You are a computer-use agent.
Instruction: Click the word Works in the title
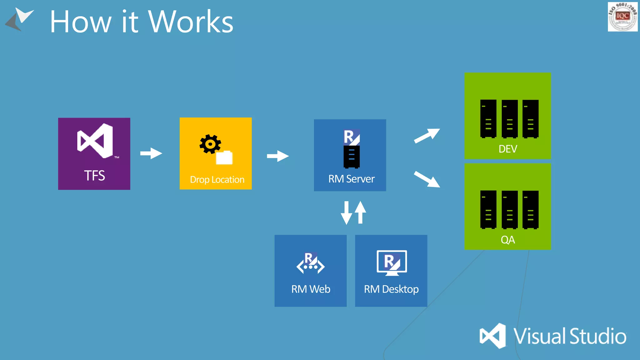(190, 22)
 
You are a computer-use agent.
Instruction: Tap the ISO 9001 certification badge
(622, 17)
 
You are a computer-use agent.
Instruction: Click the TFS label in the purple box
(94, 175)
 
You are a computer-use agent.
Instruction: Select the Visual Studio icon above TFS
(95, 141)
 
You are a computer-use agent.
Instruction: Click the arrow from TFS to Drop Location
(151, 153)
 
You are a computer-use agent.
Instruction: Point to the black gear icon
(210, 144)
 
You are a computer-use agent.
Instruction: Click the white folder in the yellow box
(224, 157)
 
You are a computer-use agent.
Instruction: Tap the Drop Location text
(217, 180)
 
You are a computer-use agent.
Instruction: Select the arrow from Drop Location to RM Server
(277, 156)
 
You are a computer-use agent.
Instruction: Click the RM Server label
(351, 179)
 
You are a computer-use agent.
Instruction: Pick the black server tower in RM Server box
(352, 157)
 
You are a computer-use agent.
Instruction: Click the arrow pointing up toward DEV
(427, 136)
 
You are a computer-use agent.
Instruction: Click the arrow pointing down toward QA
(427, 179)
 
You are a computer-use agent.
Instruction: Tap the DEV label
(507, 149)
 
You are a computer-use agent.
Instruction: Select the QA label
(507, 240)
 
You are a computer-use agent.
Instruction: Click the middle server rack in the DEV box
(509, 119)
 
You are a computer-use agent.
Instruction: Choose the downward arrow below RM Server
(346, 213)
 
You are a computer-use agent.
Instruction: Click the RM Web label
(311, 289)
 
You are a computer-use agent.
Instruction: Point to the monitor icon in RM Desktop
(392, 263)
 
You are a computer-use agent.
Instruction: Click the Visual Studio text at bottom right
(570, 336)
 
